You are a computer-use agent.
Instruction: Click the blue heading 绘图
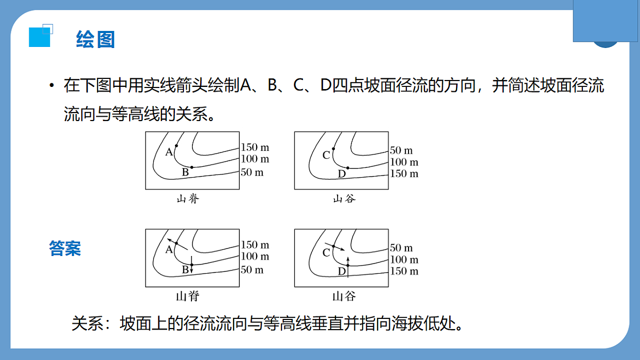coord(95,39)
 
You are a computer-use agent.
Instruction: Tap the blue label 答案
coord(65,249)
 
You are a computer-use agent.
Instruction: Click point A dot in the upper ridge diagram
coord(177,146)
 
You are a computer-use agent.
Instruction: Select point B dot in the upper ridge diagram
coord(191,167)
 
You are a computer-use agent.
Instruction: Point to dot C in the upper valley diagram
coord(333,149)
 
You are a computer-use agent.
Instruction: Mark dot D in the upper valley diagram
coord(348,167)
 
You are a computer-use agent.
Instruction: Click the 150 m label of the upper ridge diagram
coord(255,147)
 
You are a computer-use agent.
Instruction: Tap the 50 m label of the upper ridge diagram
coord(252,172)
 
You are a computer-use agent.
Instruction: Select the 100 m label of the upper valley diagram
coord(404,162)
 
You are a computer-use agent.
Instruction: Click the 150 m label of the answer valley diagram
coord(404,271)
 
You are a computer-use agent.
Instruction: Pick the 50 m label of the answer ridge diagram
coord(252,270)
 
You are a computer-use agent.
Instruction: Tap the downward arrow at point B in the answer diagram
coord(191,265)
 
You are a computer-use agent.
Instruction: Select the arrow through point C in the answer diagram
coord(335,247)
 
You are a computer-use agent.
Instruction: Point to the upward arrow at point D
coord(348,267)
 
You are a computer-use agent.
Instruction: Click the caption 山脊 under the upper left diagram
coord(188,198)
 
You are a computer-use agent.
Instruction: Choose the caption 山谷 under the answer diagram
coord(344,297)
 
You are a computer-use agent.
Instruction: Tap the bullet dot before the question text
coord(51,85)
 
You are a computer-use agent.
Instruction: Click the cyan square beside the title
coord(39,37)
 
